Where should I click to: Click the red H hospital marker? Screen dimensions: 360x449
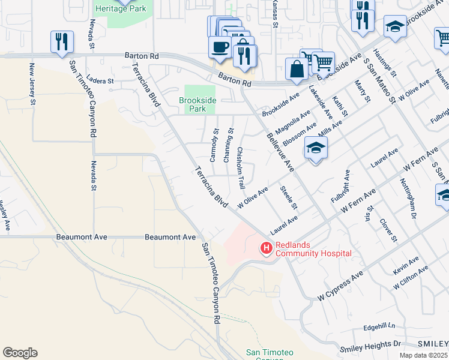(266, 247)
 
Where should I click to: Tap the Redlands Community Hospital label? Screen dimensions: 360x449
(313, 249)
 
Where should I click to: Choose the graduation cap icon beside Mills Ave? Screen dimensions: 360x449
(316, 148)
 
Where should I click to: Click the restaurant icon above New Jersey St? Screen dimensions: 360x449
(62, 42)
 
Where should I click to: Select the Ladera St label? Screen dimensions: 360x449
(100, 80)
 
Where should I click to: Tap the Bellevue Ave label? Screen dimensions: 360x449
(280, 152)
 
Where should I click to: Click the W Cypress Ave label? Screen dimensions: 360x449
(340, 286)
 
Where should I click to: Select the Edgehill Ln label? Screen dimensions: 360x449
(379, 327)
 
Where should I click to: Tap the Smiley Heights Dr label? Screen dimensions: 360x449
(370, 346)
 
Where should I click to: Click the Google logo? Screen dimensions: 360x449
(20, 353)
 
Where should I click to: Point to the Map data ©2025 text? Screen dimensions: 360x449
(423, 355)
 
